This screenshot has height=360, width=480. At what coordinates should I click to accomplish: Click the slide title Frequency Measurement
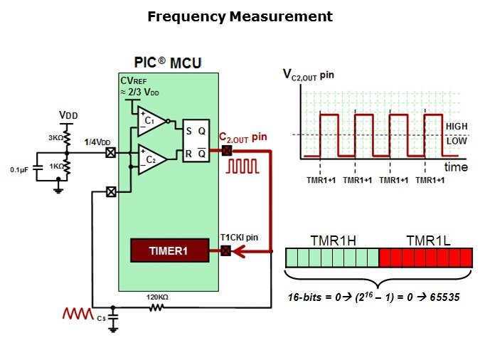tap(240, 16)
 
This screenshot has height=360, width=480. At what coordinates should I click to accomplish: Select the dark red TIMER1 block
tap(169, 250)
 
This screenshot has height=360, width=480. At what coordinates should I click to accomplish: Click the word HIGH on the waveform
tap(456, 126)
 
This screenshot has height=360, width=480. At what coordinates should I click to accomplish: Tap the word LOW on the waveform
tap(455, 141)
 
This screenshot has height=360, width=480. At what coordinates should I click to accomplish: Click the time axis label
tap(456, 167)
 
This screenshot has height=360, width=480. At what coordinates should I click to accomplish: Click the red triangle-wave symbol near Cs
tap(77, 312)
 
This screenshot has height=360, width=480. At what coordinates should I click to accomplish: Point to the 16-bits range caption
tap(373, 295)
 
